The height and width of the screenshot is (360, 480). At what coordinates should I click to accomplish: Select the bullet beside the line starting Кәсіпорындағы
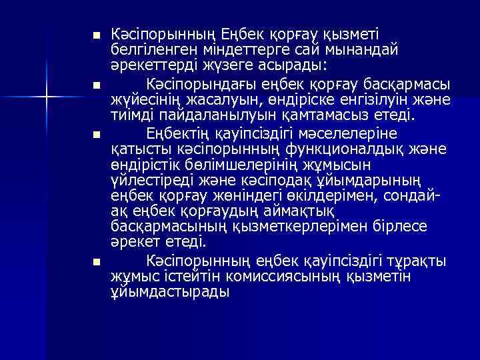pyautogui.click(x=96, y=86)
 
